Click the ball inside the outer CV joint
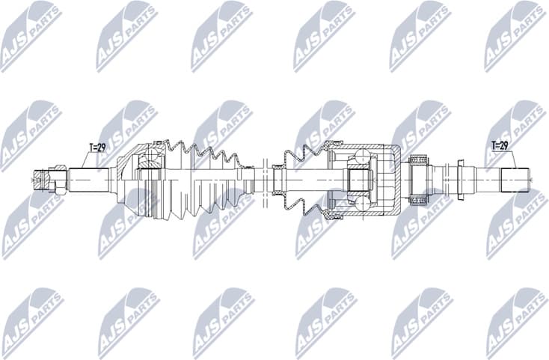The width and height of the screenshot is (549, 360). click(x=153, y=156)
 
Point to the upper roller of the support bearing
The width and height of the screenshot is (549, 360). click(x=417, y=159)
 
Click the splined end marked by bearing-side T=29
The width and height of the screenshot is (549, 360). click(x=515, y=180)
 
